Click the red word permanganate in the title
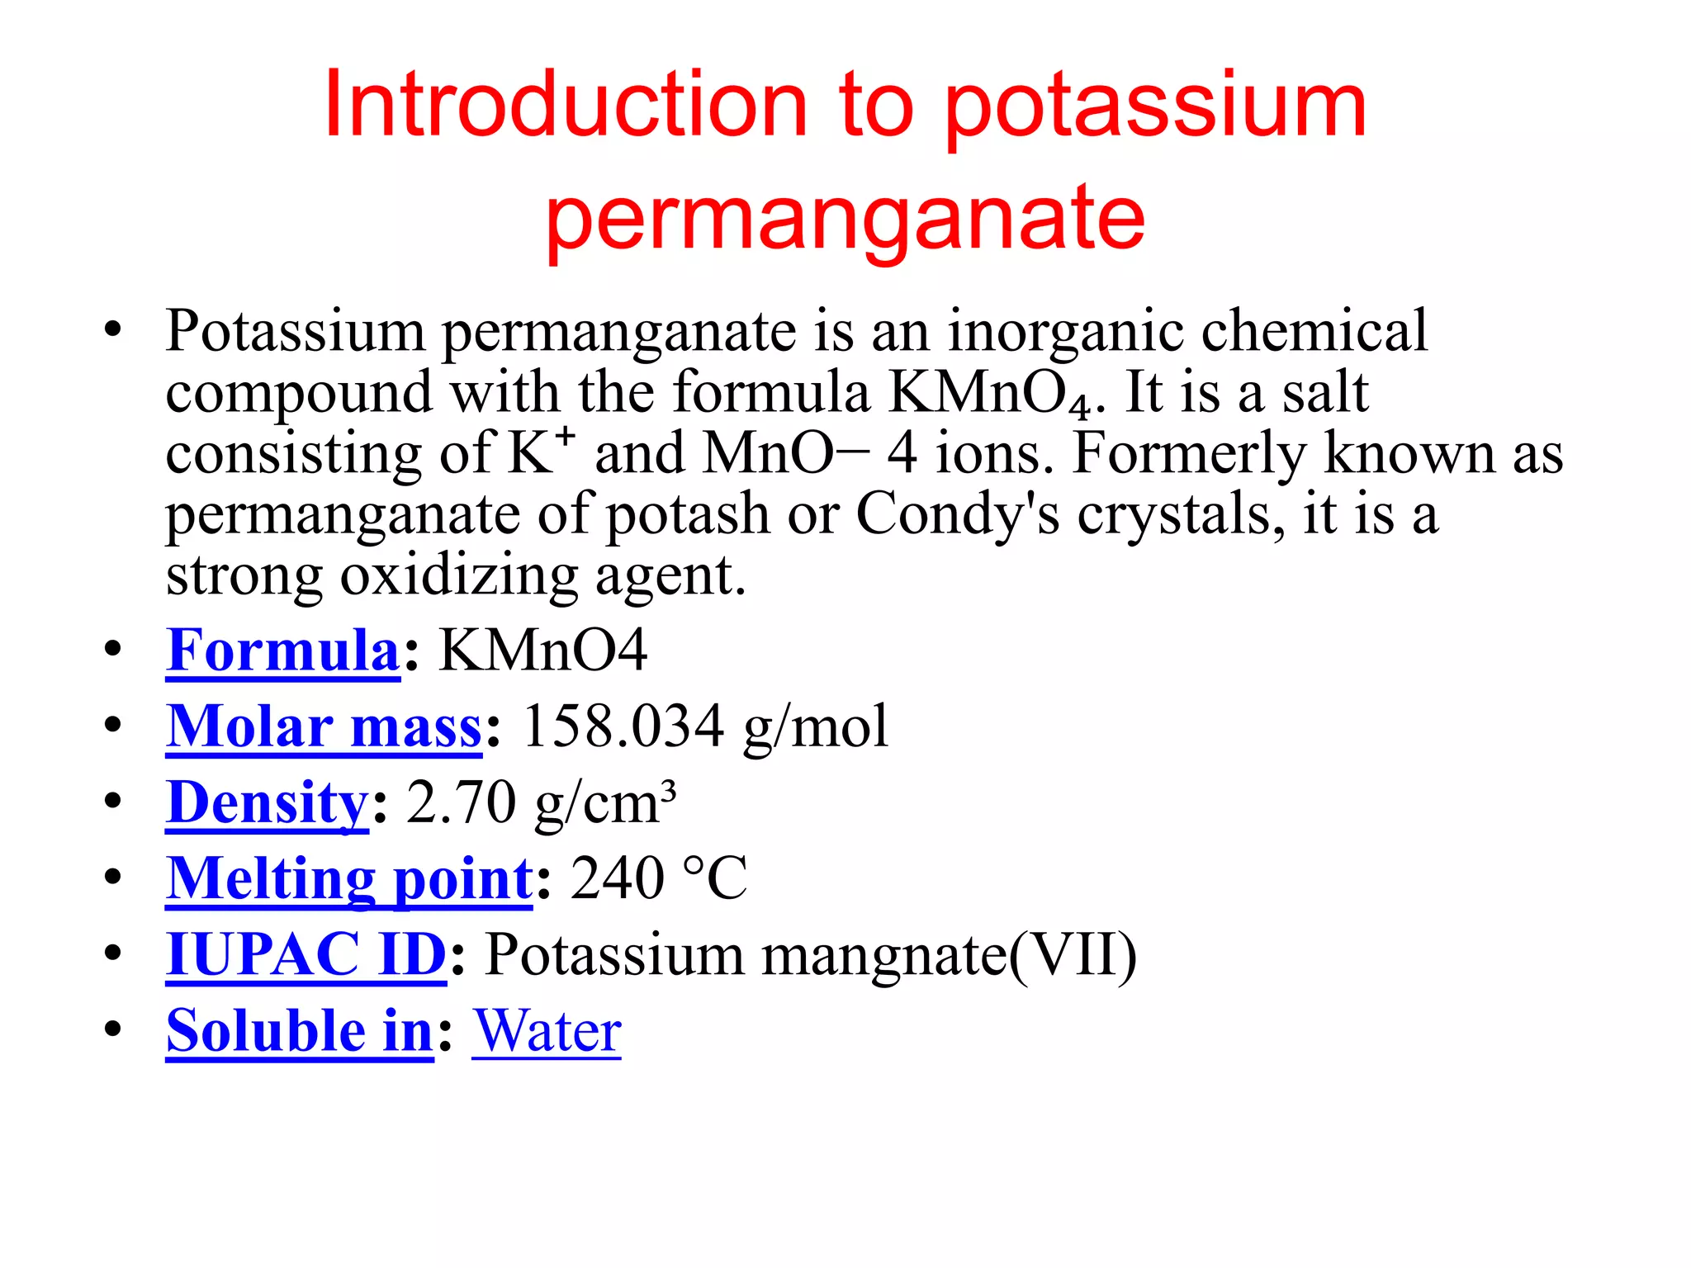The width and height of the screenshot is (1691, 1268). tap(845, 217)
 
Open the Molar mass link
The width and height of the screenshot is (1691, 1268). tap(324, 726)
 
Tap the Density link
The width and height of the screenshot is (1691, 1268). tap(267, 802)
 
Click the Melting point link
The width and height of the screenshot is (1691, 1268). tap(349, 878)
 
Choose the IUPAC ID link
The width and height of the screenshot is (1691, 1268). tap(306, 954)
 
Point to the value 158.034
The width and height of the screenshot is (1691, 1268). tap(623, 726)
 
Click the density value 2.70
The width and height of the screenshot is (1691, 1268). tap(462, 802)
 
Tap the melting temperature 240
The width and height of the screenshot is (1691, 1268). tap(617, 878)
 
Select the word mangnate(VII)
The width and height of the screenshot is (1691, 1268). tap(950, 954)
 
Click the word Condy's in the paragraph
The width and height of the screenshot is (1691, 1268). tap(957, 514)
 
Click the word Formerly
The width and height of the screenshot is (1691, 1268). tap(1190, 453)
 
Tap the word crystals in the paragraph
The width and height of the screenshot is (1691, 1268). tap(1181, 514)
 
